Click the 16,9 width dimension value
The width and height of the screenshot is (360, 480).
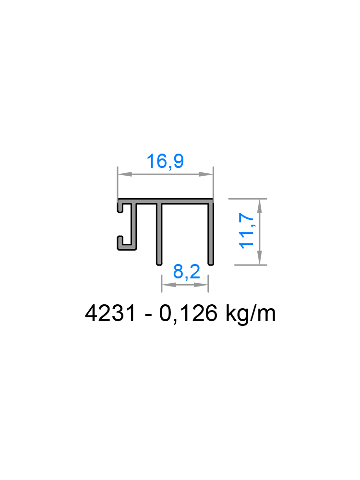(x=165, y=162)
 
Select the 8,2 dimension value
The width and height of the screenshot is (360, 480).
(x=186, y=273)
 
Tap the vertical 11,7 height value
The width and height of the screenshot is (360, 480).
(x=247, y=231)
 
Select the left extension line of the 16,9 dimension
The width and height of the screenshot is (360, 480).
(x=118, y=185)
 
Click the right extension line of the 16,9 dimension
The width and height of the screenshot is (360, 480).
(x=213, y=185)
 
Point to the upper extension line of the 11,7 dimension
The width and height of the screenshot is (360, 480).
(x=247, y=198)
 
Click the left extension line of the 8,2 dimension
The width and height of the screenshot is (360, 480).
(x=161, y=283)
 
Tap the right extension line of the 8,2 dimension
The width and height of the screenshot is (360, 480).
(x=208, y=283)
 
